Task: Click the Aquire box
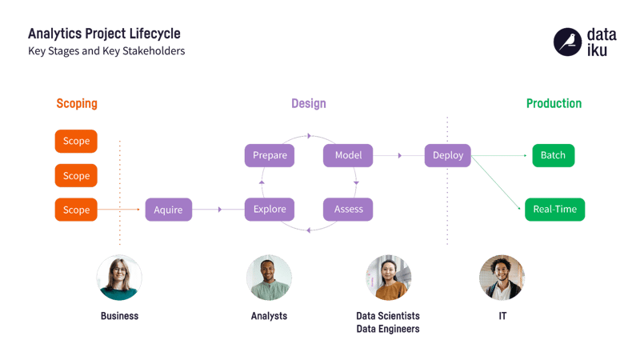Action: pos(169,210)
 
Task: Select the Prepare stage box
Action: pos(270,155)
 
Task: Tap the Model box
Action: pos(348,155)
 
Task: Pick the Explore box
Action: pos(270,210)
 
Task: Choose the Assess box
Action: pos(348,210)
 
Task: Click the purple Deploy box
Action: pos(448,155)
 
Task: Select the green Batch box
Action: pos(554,155)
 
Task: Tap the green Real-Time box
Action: pos(554,210)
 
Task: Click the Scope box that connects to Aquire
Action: pos(76,210)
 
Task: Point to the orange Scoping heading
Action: pos(77,104)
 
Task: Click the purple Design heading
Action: pos(309,104)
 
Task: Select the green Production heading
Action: pos(554,104)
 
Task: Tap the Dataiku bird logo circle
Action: pos(567,42)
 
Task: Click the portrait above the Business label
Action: pos(119,278)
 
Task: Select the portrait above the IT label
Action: pos(502,278)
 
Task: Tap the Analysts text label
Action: pos(269,316)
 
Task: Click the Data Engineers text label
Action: pos(388,329)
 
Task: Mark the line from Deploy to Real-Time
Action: pos(495,182)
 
